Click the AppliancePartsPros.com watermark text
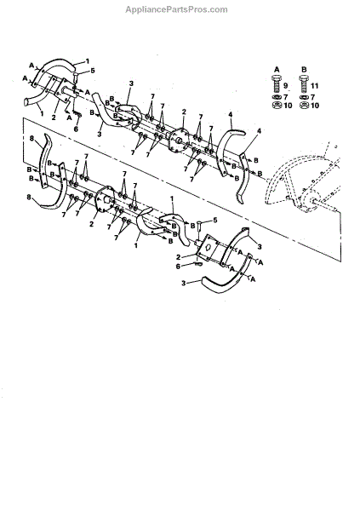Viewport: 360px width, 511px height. tap(176, 9)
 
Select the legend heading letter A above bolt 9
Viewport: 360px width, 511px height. tap(277, 70)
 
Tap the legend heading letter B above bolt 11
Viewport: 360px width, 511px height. tap(304, 70)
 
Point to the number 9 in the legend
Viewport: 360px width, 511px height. tap(286, 86)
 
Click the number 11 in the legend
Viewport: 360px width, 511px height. tap(314, 86)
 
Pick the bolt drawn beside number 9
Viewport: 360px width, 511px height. tap(277, 84)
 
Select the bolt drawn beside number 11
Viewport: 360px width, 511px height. tap(304, 84)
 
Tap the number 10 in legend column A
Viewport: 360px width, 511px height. tap(288, 106)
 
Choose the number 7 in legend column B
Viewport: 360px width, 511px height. tap(312, 97)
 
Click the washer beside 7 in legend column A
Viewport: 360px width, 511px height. tap(277, 97)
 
